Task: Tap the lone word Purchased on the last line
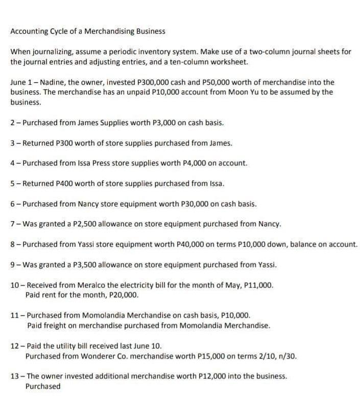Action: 43,386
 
